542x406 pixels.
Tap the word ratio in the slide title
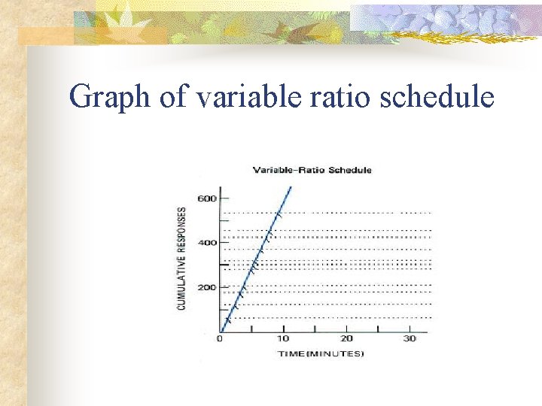coord(339,97)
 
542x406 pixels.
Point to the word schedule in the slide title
coord(437,97)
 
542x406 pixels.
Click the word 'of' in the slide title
coord(172,97)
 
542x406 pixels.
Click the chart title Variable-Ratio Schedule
coord(312,170)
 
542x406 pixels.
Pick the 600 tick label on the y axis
coord(207,198)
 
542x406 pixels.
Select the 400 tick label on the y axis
coord(207,243)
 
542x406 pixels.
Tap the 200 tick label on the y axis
coord(207,287)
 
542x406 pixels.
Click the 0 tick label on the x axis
coord(220,339)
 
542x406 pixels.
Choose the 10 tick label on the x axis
coord(283,339)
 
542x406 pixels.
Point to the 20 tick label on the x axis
coord(346,339)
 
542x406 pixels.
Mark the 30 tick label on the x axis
coord(410,339)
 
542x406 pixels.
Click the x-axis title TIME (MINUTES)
coord(320,353)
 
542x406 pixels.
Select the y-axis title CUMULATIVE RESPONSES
coord(182,258)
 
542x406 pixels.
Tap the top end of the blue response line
coord(291,186)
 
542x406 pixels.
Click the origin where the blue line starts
coord(221,332)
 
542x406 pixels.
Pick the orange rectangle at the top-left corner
coord(45,35)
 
